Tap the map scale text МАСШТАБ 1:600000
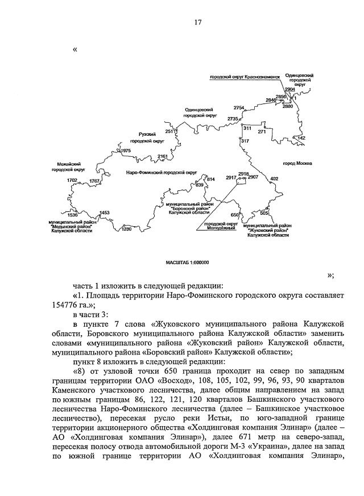187,262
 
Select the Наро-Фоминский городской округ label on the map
161,171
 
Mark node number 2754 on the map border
238,108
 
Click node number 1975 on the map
126,151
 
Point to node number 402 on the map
274,179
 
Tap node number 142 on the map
301,138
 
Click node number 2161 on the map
163,156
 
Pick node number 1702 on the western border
72,180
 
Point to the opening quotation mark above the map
75,49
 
